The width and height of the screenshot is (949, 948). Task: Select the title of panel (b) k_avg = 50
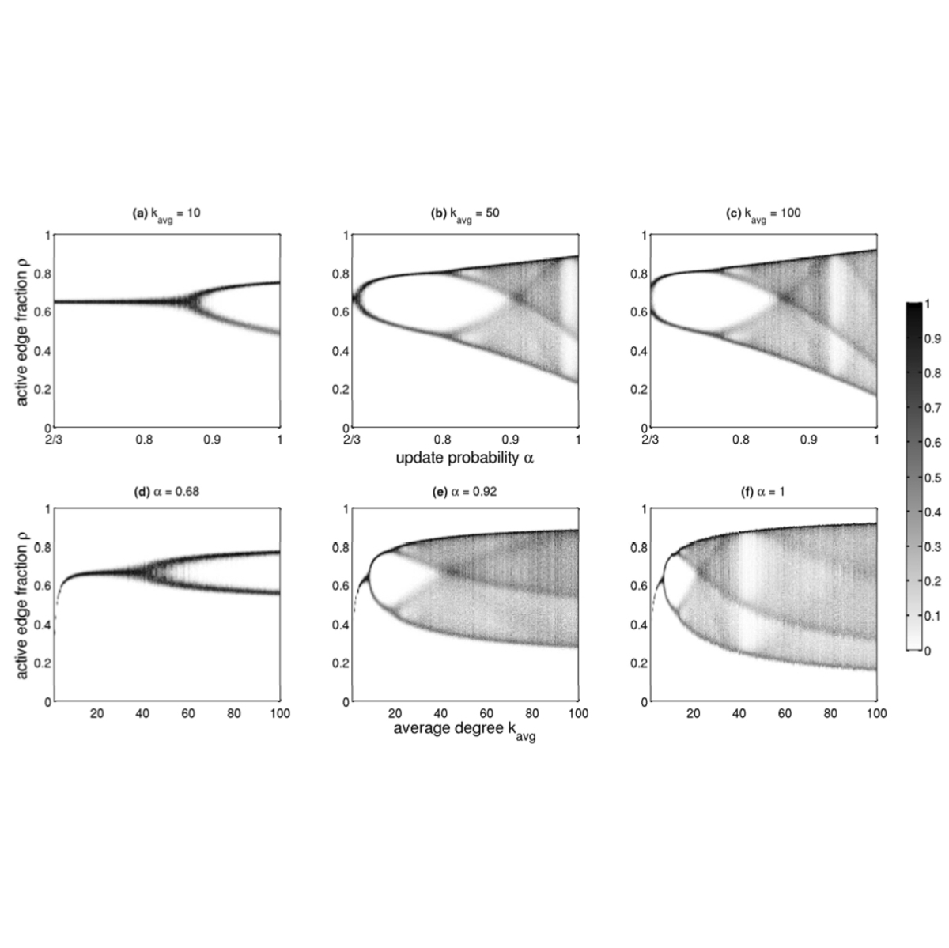[x=467, y=213]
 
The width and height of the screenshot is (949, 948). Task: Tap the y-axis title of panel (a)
[x=21, y=331]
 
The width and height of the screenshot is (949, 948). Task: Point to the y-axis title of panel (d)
[x=21, y=605]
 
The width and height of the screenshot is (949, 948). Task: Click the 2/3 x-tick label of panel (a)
[x=55, y=439]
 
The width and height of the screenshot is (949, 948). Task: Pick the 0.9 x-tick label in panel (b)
[x=510, y=439]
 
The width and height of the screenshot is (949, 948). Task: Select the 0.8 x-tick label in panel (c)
[x=741, y=439]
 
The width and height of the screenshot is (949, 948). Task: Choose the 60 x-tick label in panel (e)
[x=487, y=713]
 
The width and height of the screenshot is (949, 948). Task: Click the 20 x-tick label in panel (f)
[x=694, y=713]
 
